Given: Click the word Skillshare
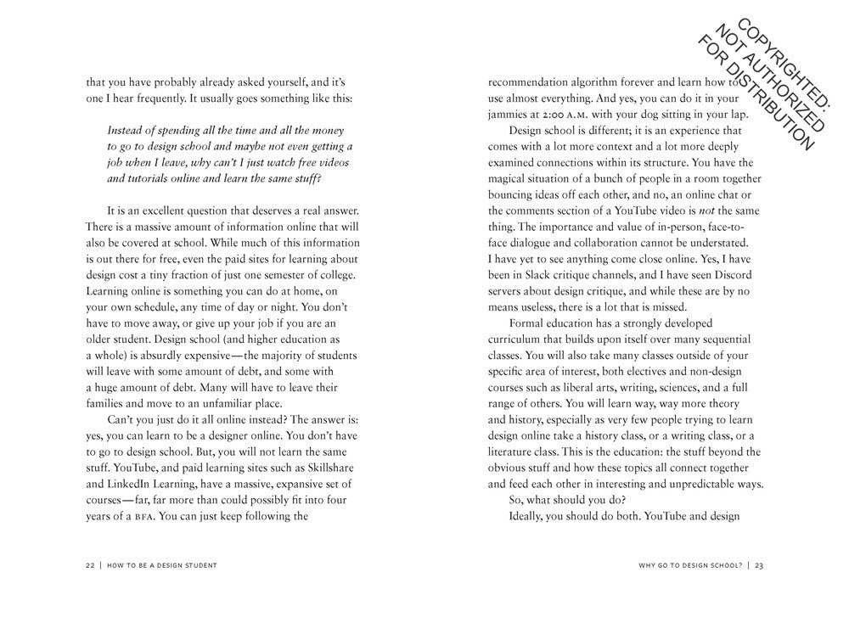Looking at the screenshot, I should [x=328, y=468].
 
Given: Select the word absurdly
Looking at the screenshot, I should [x=234, y=355].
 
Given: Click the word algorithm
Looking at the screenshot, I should [x=604, y=83].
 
